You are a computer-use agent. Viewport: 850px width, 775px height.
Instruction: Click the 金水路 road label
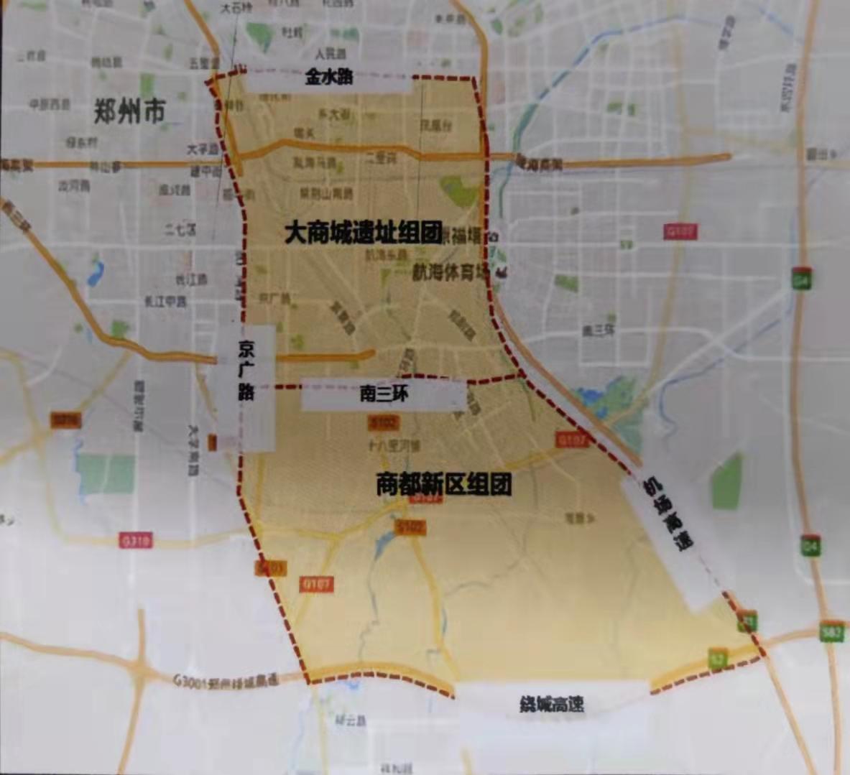coord(328,77)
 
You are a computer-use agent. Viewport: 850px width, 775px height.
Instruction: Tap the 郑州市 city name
coord(130,111)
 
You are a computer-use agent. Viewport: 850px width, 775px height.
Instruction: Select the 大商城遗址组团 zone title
coord(364,233)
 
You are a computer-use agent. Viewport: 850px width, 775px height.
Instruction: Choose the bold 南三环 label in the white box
coord(384,394)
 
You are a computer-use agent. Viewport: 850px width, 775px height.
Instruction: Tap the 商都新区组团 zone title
coord(444,485)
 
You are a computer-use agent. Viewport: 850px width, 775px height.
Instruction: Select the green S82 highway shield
coord(832,633)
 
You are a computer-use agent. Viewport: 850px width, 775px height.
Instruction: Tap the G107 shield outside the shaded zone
coord(680,232)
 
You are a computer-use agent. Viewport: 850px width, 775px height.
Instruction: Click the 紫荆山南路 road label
coord(327,194)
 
